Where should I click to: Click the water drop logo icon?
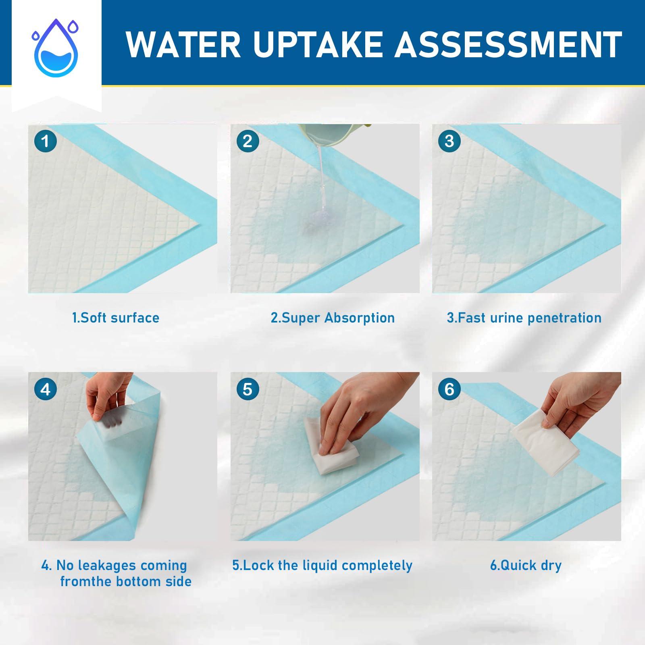[56, 48]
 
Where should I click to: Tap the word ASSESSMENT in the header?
[508, 45]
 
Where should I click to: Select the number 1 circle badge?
[46, 141]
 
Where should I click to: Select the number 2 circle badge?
[248, 141]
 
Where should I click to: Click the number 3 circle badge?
[449, 141]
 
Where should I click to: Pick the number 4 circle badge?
[46, 389]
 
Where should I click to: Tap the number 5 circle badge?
[248, 389]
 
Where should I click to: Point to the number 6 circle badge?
[449, 389]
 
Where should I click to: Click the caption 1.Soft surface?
[116, 318]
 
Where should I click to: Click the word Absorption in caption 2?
[359, 318]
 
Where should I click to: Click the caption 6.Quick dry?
[526, 565]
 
